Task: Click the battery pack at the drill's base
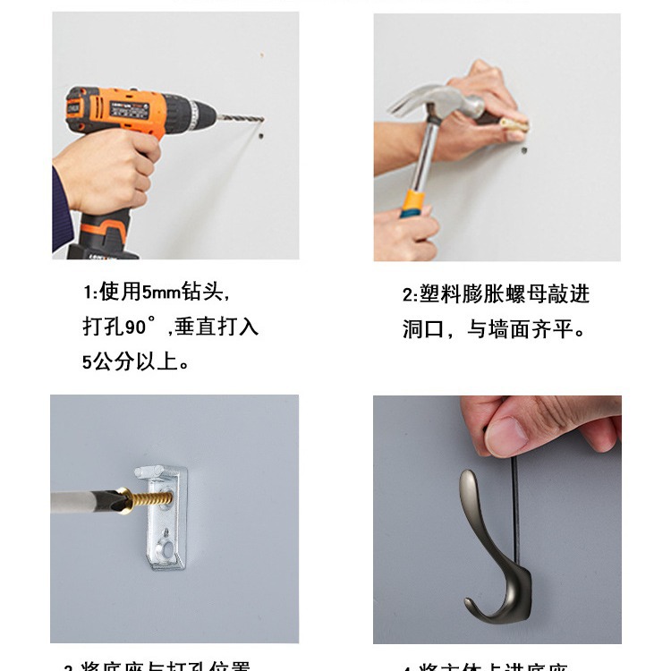[x=103, y=240]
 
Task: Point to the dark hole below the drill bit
[x=259, y=138]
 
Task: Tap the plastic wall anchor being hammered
[x=514, y=125]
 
